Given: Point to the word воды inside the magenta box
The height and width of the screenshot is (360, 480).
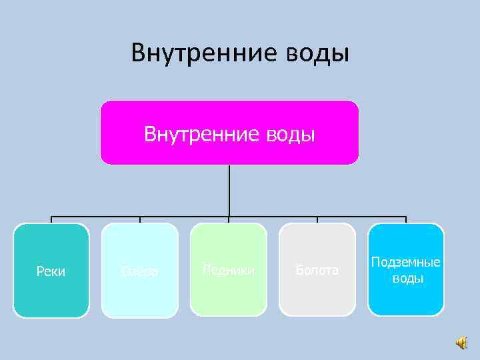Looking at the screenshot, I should point(289,135).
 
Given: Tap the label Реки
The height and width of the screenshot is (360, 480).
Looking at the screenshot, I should point(51,271).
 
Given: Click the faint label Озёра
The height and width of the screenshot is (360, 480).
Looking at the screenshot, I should point(140,271).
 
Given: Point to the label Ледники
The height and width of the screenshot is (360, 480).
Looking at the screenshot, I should point(229,270).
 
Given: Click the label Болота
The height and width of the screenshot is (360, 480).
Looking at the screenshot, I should point(317,270).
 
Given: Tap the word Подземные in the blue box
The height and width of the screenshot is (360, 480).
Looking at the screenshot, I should point(406,263).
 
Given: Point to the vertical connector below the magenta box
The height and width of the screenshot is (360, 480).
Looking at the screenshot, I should point(229,190).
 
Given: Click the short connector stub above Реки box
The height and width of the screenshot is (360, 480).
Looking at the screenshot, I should point(51,220).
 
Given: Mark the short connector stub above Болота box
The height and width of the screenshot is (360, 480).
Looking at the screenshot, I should point(317,220).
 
